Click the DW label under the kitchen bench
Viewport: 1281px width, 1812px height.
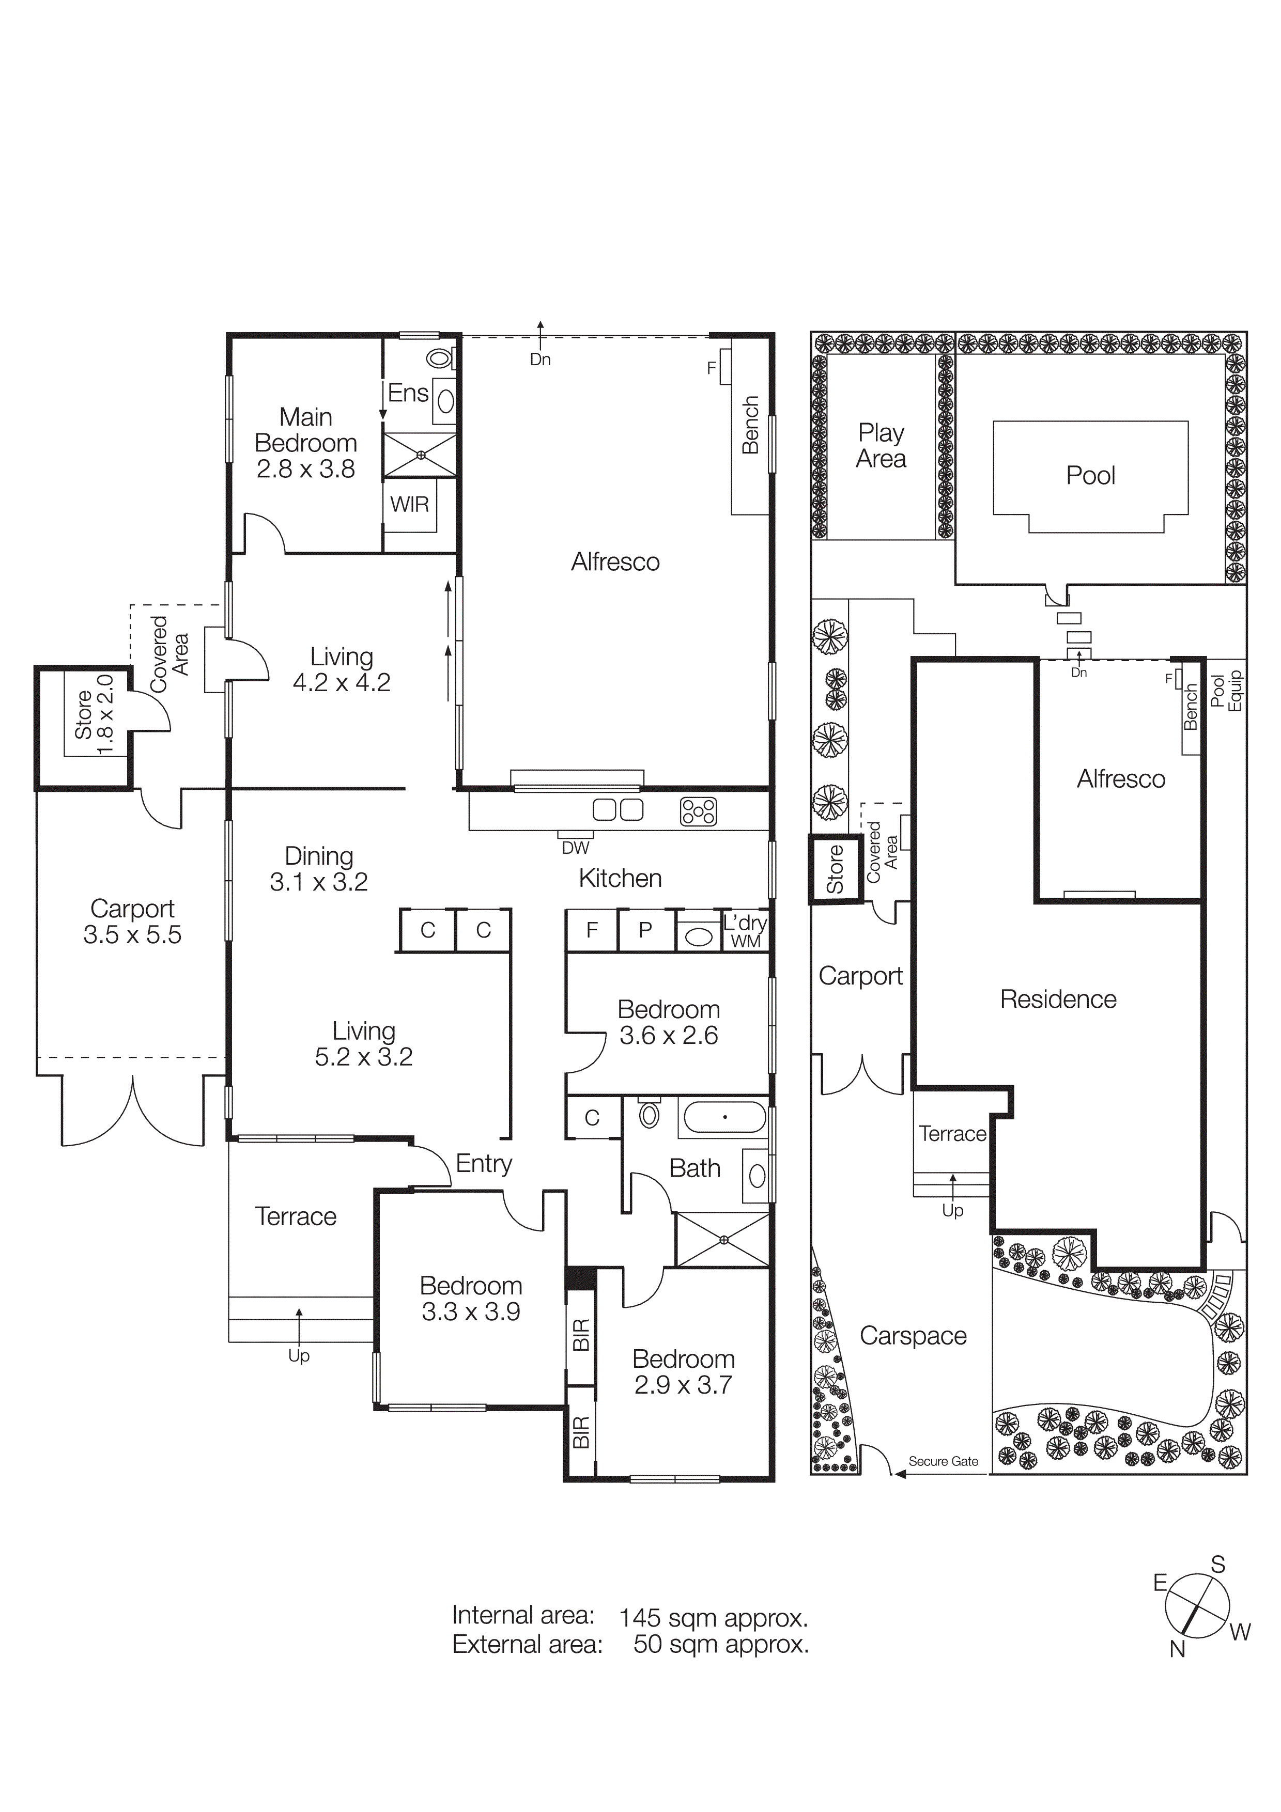pyautogui.click(x=575, y=848)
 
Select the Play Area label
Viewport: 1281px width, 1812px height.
pyautogui.click(x=881, y=446)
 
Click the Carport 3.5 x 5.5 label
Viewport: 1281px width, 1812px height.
pyautogui.click(x=133, y=922)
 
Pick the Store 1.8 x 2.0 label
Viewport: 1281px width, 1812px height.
pyautogui.click(x=94, y=714)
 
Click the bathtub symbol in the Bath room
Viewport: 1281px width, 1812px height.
pyautogui.click(x=724, y=1117)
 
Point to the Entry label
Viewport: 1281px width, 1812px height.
pyautogui.click(x=484, y=1163)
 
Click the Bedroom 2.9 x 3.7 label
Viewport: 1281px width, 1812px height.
pyautogui.click(x=684, y=1371)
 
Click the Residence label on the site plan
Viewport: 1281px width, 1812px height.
pyautogui.click(x=1058, y=999)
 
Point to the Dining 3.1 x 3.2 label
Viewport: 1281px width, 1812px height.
pyautogui.click(x=319, y=869)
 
